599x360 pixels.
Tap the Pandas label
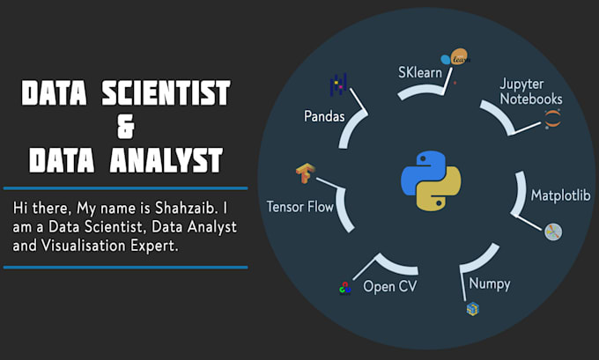(x=325, y=116)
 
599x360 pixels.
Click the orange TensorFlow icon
(x=306, y=173)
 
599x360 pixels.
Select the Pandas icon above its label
(x=338, y=85)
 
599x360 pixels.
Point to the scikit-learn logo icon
(x=456, y=58)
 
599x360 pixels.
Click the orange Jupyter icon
(x=552, y=120)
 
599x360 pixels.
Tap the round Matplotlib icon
(x=553, y=231)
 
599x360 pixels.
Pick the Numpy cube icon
(x=473, y=309)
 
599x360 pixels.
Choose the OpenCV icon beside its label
(x=344, y=288)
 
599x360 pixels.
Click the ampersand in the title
(x=125, y=127)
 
